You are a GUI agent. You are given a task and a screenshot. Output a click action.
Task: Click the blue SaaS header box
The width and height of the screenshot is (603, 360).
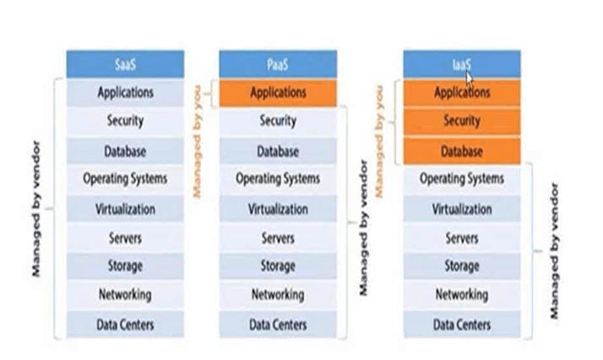pos(125,64)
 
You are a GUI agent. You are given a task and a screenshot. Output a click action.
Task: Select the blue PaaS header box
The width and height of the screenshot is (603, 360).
pos(278,64)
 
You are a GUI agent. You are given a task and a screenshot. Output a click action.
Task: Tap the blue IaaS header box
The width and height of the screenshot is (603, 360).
pos(461,64)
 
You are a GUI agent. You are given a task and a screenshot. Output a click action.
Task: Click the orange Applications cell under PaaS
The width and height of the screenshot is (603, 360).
pos(278,93)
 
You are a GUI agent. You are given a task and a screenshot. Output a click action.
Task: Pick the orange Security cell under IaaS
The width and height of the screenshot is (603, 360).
pos(461,122)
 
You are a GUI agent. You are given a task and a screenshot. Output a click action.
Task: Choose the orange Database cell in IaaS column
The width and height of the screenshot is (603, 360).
pos(461,152)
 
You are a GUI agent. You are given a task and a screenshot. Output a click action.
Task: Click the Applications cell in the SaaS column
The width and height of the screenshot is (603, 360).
pos(125,92)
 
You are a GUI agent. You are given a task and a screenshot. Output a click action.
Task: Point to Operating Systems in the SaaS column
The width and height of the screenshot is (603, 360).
pos(125,179)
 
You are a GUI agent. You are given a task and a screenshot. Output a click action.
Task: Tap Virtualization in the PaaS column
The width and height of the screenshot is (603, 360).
pos(278,209)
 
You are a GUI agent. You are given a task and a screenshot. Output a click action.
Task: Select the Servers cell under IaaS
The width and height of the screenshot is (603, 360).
pos(461,238)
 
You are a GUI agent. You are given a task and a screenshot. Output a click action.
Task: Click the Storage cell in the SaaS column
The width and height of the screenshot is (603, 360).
pos(125,266)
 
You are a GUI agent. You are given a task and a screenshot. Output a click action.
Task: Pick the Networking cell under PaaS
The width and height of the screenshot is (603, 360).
pos(278,295)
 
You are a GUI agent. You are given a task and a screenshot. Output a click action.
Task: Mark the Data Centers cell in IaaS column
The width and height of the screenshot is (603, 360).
pos(461,325)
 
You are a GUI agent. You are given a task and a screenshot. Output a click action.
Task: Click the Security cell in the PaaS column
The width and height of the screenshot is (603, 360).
pos(278,122)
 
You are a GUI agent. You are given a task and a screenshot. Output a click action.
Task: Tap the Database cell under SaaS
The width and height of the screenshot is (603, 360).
pos(125,152)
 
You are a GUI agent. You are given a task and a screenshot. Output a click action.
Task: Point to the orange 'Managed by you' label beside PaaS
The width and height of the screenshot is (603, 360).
pos(199,139)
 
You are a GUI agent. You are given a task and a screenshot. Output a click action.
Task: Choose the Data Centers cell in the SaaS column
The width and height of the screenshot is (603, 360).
pos(125,324)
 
